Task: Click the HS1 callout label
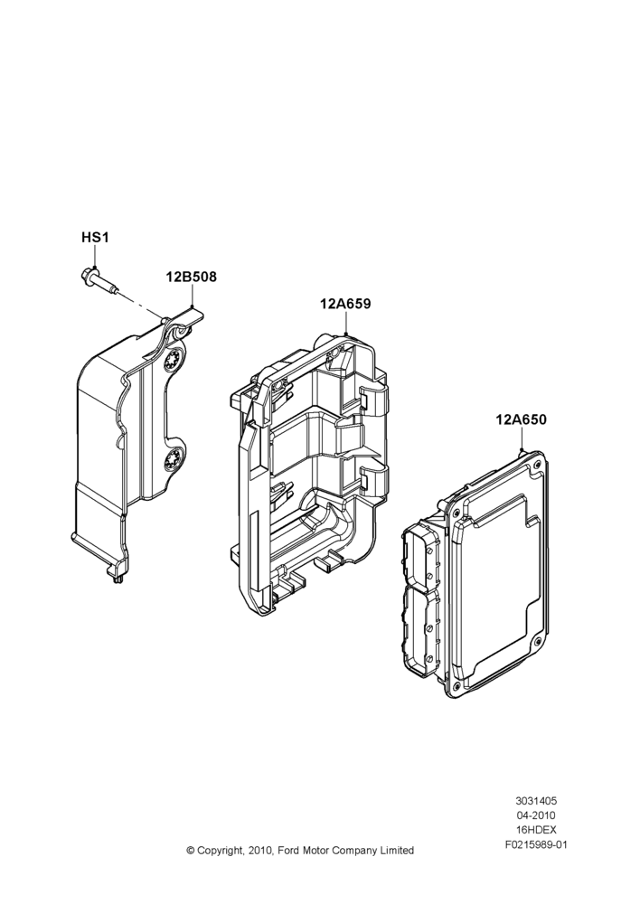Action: pyautogui.click(x=95, y=238)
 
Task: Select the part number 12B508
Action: pyautogui.click(x=192, y=277)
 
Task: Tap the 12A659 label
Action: pyautogui.click(x=345, y=304)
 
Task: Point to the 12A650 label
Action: pyautogui.click(x=522, y=419)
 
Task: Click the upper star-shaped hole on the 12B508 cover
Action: pyautogui.click(x=172, y=362)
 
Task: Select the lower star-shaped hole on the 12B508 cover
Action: pyautogui.click(x=172, y=459)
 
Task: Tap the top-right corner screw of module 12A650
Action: pyautogui.click(x=538, y=464)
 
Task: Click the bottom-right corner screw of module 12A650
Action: pyautogui.click(x=537, y=642)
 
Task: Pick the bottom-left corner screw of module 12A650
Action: pyautogui.click(x=456, y=684)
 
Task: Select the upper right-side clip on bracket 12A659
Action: pyautogui.click(x=373, y=401)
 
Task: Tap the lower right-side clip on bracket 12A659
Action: pyautogui.click(x=373, y=483)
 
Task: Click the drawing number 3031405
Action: pyautogui.click(x=536, y=801)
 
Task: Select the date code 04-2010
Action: pyautogui.click(x=536, y=815)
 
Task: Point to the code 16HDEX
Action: pyautogui.click(x=536, y=830)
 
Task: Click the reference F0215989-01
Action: pyautogui.click(x=536, y=845)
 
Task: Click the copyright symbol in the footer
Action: pyautogui.click(x=190, y=851)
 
